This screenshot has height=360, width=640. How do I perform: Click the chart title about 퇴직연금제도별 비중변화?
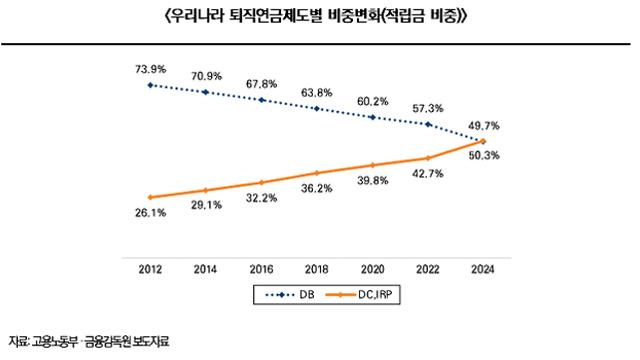320,17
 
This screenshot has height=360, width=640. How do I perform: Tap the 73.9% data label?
150,66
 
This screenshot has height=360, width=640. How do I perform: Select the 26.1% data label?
150,214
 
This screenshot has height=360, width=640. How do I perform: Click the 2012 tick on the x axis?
150,269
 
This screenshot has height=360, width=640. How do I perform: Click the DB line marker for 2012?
150,85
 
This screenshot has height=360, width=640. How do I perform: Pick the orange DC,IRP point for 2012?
150,197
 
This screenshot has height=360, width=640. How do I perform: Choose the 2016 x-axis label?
261,269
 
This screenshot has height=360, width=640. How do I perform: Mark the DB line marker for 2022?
428,124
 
